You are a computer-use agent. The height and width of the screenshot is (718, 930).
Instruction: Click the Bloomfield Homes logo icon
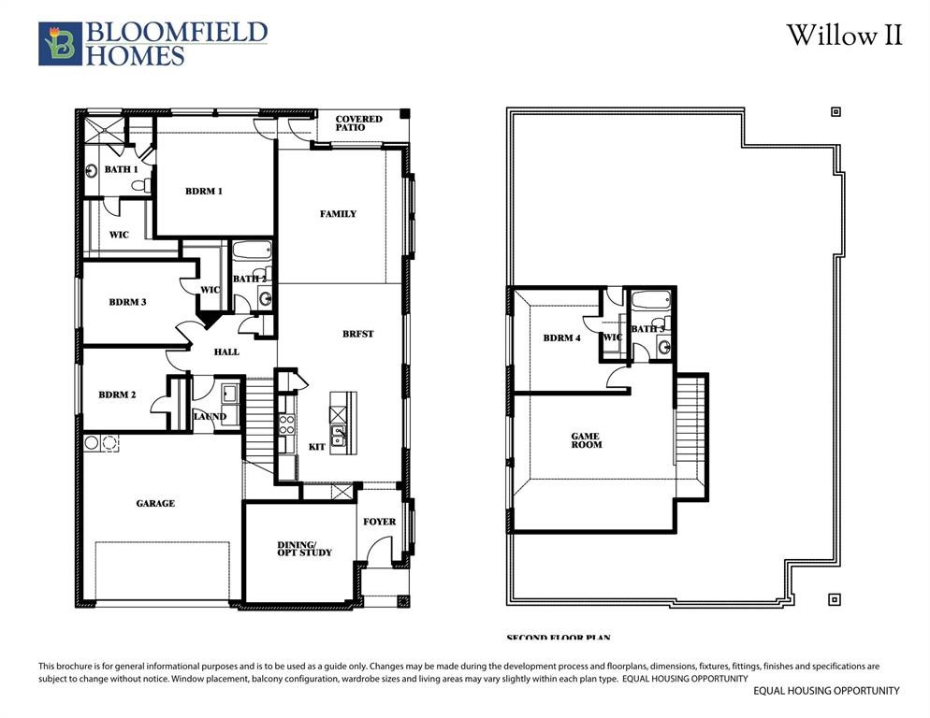(60, 44)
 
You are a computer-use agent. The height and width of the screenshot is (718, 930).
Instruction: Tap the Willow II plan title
(844, 36)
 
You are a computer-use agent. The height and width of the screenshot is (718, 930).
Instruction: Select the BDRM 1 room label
(203, 192)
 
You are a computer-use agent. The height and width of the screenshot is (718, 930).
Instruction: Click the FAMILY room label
(338, 214)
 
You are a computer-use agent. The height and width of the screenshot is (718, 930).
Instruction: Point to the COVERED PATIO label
(358, 123)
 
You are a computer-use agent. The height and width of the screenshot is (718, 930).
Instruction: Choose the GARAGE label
(155, 504)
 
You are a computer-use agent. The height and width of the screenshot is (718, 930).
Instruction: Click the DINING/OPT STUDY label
(304, 549)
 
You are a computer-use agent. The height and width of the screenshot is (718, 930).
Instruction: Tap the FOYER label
(379, 522)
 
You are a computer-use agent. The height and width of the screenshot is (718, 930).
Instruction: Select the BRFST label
(357, 334)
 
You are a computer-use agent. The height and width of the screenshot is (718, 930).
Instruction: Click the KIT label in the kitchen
(316, 448)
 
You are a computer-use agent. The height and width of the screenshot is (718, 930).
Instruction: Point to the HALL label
(226, 352)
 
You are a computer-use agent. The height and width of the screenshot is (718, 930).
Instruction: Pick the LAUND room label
(210, 417)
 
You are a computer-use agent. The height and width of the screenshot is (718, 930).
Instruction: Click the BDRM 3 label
(127, 302)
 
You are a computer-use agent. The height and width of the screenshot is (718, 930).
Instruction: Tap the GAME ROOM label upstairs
(587, 440)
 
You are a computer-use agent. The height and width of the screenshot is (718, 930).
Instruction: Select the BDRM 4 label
(561, 338)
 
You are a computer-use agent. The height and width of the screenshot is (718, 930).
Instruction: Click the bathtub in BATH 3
(649, 302)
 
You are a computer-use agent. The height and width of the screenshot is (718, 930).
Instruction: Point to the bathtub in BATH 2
(251, 250)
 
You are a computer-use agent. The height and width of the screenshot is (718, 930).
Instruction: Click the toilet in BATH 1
(139, 185)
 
